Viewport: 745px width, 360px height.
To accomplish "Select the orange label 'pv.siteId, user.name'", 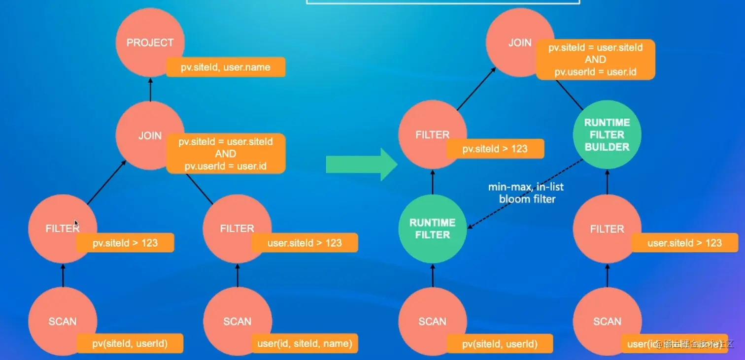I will [x=226, y=67].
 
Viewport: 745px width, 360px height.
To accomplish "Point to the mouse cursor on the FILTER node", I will [x=76, y=224].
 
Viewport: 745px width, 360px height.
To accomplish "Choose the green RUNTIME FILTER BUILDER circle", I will [x=607, y=134].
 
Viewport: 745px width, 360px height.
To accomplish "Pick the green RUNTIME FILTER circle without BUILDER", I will [x=432, y=229].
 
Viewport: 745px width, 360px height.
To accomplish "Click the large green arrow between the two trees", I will [x=361, y=164].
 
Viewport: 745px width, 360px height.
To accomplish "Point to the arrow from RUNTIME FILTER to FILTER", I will [x=433, y=182].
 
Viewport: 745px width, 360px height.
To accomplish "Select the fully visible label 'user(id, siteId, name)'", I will [x=305, y=343].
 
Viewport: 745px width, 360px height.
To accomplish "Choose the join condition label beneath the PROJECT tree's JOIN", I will [x=226, y=154].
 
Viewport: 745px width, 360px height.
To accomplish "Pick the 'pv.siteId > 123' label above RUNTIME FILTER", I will [x=495, y=149].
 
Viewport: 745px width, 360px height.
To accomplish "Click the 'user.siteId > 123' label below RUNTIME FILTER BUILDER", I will [x=684, y=243].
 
